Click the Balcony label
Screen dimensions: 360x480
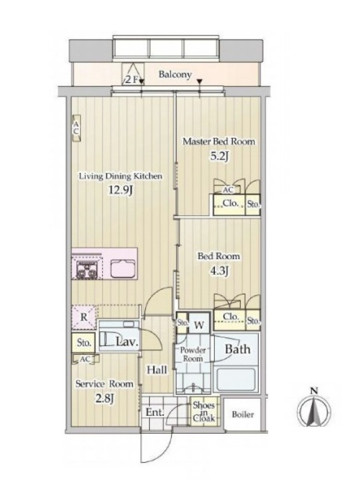pyautogui.click(x=175, y=74)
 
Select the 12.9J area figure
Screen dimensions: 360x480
pyautogui.click(x=121, y=191)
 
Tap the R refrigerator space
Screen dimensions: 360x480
pyautogui.click(x=83, y=317)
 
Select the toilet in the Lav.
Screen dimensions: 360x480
pyautogui.click(x=116, y=340)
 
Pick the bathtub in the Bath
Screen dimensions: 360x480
pyautogui.click(x=236, y=379)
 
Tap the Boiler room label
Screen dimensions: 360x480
pyautogui.click(x=243, y=415)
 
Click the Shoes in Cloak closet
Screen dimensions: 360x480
pyautogui.click(x=203, y=412)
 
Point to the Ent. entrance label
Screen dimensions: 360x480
pyautogui.click(x=155, y=412)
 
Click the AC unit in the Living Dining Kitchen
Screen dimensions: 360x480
pyautogui.click(x=77, y=128)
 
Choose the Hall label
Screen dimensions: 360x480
pyautogui.click(x=157, y=370)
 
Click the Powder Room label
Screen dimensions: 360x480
pyautogui.click(x=193, y=354)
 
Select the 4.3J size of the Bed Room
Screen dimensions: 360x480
pyautogui.click(x=218, y=271)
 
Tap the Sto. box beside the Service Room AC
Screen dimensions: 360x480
pyautogui.click(x=84, y=343)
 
